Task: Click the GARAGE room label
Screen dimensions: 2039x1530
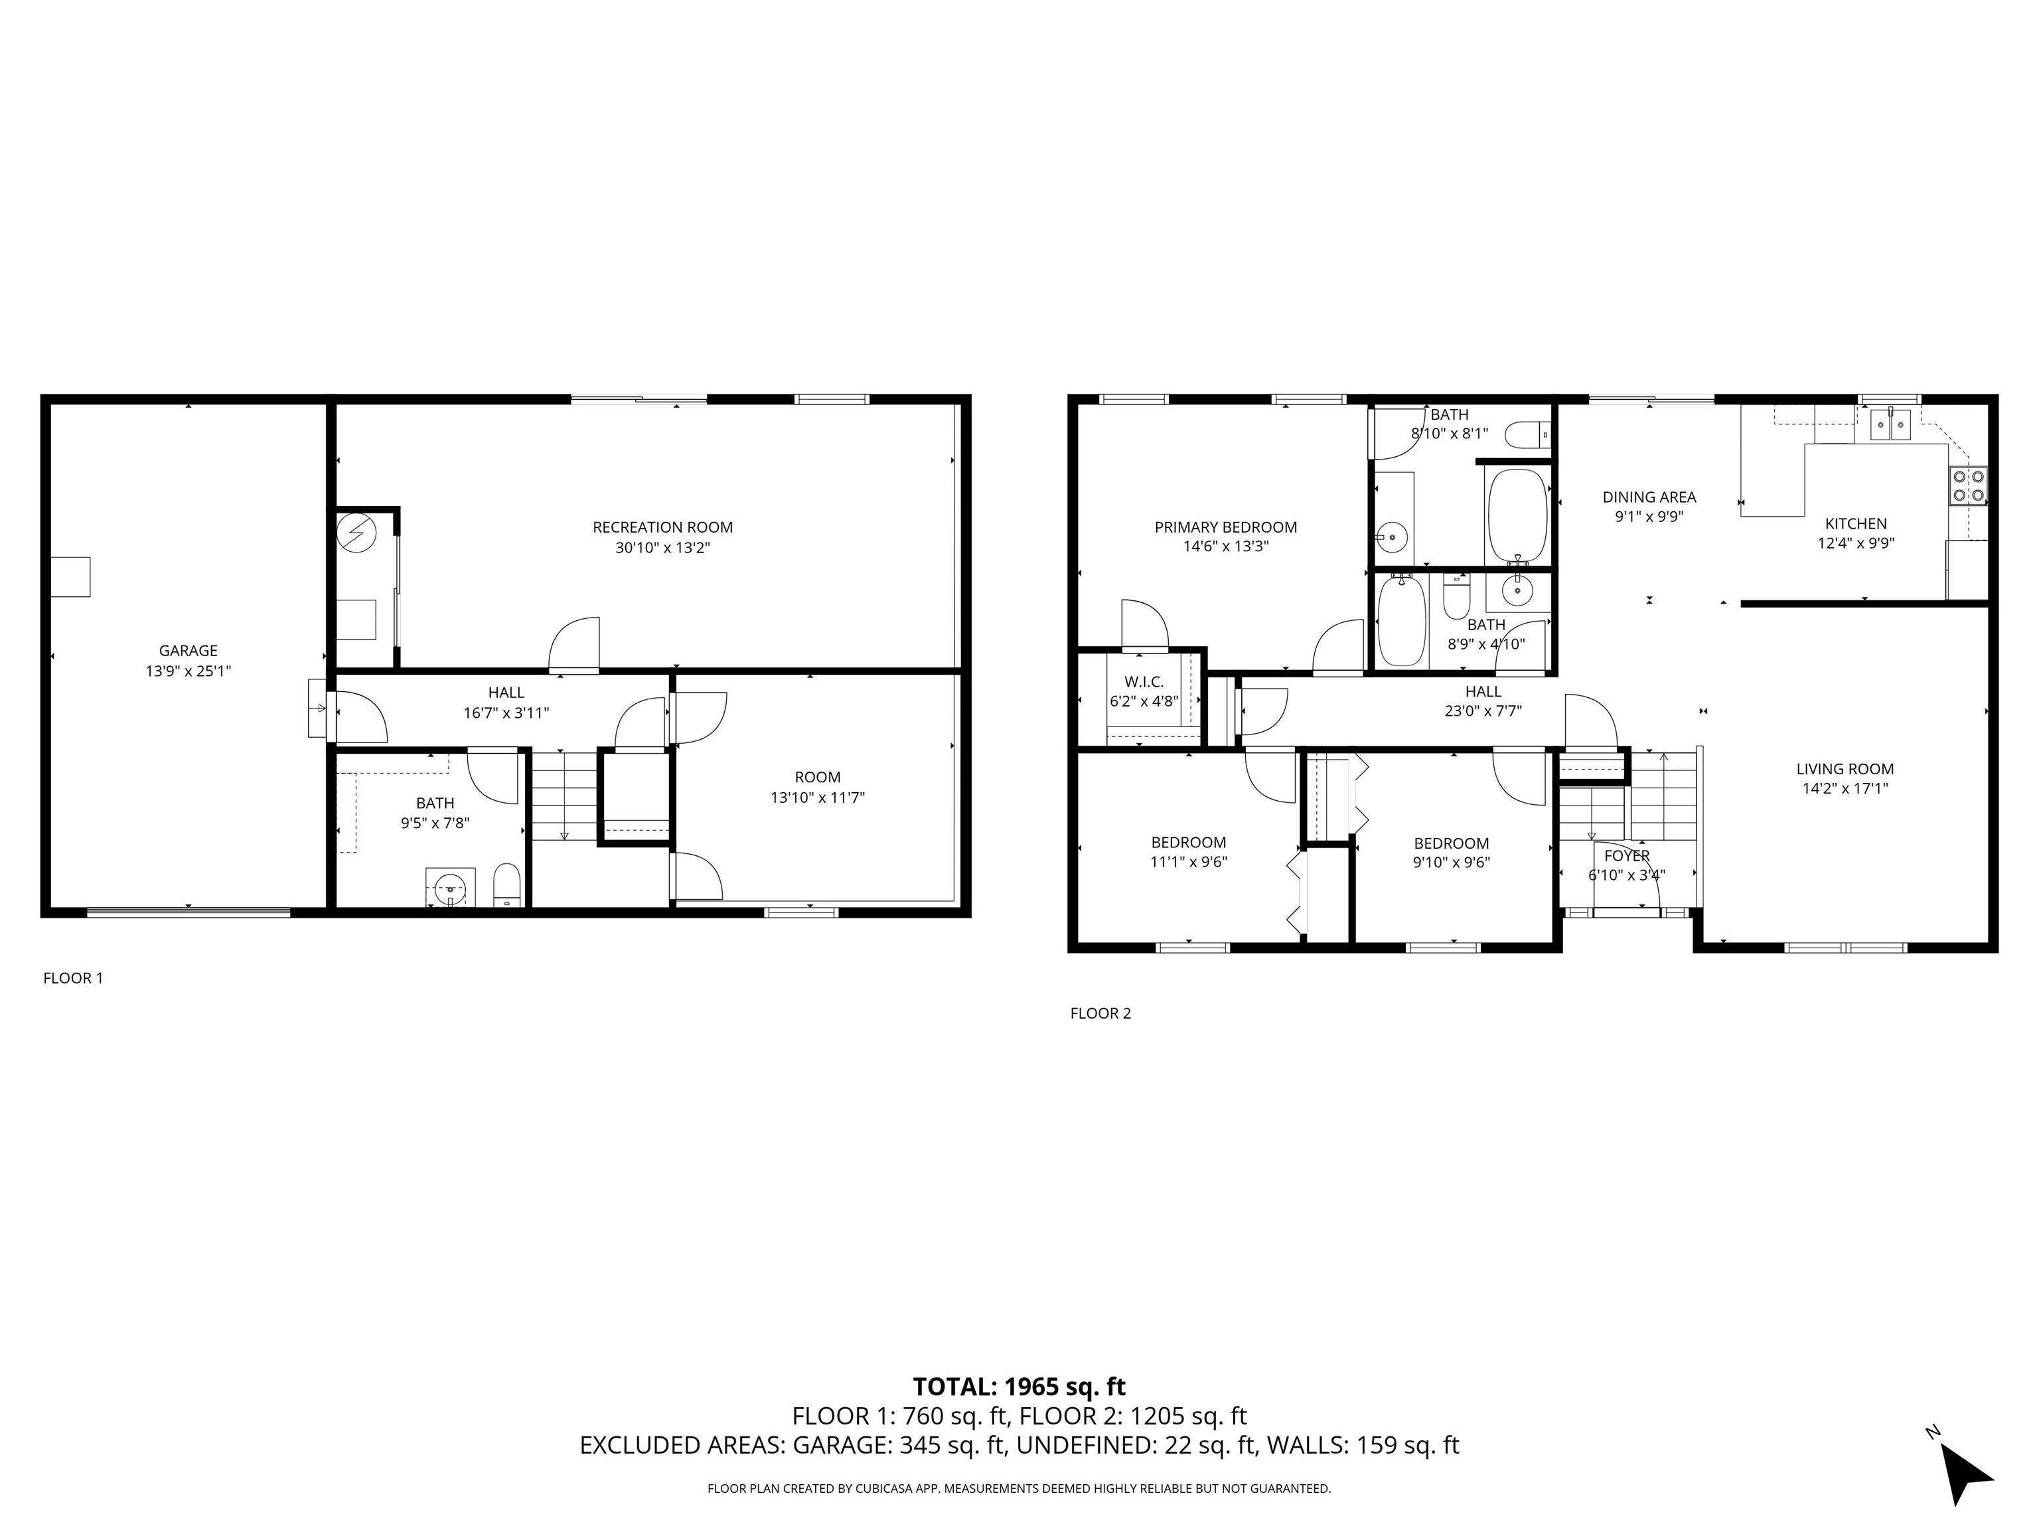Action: [x=188, y=651]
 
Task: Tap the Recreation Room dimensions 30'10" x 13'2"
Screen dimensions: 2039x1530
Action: [x=663, y=548]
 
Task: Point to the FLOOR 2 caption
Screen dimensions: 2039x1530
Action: [x=1100, y=1013]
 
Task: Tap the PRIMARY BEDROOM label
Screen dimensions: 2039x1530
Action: [x=1225, y=527]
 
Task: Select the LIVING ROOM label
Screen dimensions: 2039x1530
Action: [x=1845, y=769]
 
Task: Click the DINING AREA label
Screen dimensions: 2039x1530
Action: [x=1649, y=497]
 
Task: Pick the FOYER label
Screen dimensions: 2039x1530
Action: [x=1627, y=856]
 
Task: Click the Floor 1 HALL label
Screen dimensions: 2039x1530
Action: [x=506, y=693]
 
